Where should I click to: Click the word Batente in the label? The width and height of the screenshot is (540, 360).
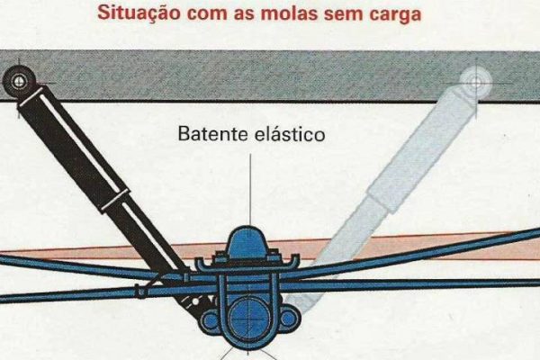tap(213, 134)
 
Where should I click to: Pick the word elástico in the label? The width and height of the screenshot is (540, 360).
tap(290, 134)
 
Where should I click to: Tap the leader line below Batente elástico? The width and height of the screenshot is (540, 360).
tap(250, 190)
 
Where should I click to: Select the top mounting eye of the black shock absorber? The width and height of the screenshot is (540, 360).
tap(19, 81)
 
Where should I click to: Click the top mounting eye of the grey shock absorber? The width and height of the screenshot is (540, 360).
tap(476, 83)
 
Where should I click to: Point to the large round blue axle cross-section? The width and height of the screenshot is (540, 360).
tap(248, 319)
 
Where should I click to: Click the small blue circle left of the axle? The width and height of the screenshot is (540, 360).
tap(209, 319)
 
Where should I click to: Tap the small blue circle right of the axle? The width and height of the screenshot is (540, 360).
tap(289, 319)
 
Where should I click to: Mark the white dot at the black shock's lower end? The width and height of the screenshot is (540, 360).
tap(195, 301)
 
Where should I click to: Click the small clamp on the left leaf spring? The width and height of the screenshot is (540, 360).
tap(140, 292)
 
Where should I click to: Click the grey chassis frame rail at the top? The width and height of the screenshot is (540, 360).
tap(270, 76)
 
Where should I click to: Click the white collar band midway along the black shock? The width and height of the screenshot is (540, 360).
tap(115, 200)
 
